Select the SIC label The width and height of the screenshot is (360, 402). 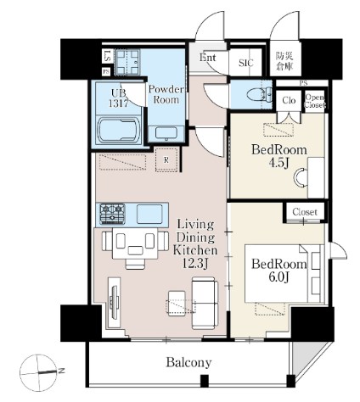click(x=245, y=62)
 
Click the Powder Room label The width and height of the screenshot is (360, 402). click(x=166, y=92)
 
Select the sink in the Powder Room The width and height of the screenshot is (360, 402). click(x=166, y=131)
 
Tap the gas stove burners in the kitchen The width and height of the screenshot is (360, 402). click(x=113, y=211)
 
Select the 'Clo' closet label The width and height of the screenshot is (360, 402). click(x=289, y=98)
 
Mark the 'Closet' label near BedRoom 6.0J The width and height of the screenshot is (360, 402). click(x=303, y=211)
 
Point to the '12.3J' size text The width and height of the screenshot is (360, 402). click(x=196, y=265)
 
